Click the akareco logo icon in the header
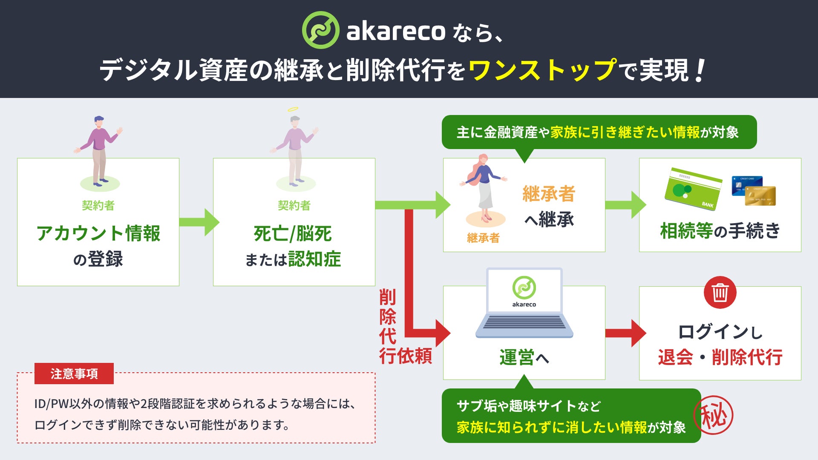click(x=320, y=30)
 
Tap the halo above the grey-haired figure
click(x=293, y=109)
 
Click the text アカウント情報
click(x=98, y=234)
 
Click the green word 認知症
click(x=314, y=259)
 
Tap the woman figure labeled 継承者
click(x=484, y=187)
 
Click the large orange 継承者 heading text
click(x=549, y=194)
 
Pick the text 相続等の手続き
click(x=720, y=231)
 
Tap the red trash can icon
click(x=720, y=293)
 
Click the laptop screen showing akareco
click(x=524, y=291)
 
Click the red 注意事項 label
click(x=74, y=374)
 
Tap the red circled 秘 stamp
click(x=714, y=415)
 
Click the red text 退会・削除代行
click(x=720, y=357)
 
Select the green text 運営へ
click(x=524, y=357)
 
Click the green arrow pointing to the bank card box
click(x=625, y=205)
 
